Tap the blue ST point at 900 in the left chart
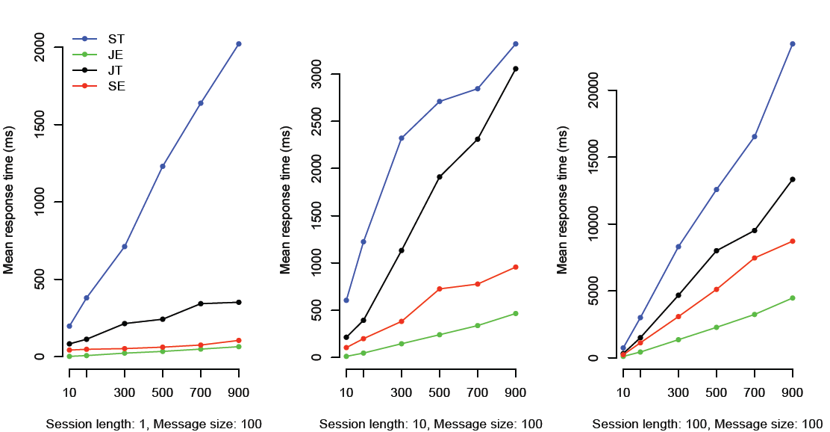pos(239,44)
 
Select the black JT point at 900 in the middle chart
pos(516,69)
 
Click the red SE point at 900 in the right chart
pos(793,241)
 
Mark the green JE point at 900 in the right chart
pos(793,298)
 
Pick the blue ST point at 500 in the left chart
pos(163,166)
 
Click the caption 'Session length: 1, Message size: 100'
pos(154,424)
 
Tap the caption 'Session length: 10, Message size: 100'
pos(431,424)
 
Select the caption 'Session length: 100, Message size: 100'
pos(708,424)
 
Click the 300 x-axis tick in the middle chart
pos(402,392)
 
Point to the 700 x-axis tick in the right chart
pos(755,392)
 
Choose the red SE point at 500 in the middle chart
pos(440,289)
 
